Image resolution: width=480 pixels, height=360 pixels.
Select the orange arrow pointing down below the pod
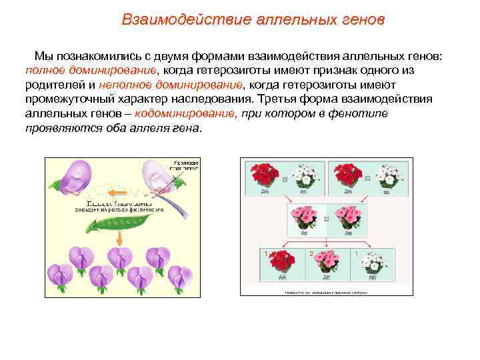pos(119,239)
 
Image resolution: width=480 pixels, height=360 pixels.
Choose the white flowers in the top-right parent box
pos(388,176)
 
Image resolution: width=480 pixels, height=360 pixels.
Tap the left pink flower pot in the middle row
pos(303,217)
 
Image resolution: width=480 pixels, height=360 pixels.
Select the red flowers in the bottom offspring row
pos(283,263)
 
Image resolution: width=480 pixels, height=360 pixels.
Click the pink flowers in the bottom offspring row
pos(326,263)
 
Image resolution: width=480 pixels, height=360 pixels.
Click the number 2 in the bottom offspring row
pos(311,254)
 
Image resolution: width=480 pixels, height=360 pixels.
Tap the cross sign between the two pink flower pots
pos(326,219)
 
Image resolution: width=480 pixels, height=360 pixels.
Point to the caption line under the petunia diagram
pos(327,291)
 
